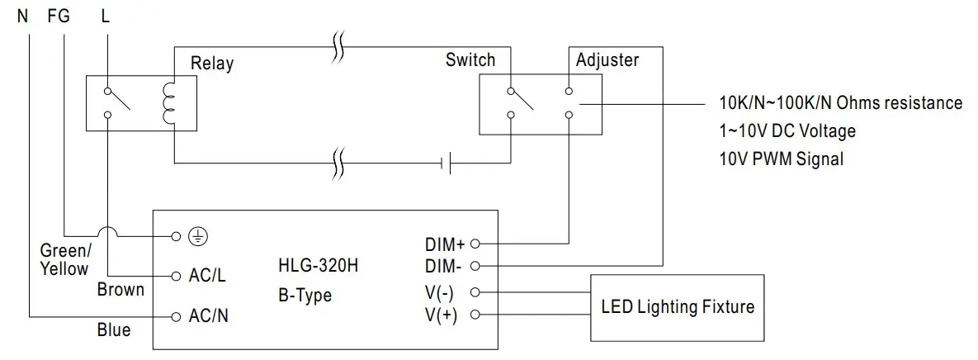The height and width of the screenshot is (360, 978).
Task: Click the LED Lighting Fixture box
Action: (x=677, y=307)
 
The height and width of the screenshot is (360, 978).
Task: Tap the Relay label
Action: (x=212, y=63)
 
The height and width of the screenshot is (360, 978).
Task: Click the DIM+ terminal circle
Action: (x=475, y=244)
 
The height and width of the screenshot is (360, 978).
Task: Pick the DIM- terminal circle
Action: (x=475, y=266)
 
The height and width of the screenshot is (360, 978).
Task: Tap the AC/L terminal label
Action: (x=207, y=277)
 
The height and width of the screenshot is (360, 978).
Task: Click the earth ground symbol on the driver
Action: (x=197, y=236)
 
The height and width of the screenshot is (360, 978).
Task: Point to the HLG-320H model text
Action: (x=318, y=267)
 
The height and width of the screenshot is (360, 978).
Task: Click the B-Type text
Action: (x=305, y=295)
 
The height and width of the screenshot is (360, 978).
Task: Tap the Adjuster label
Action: (x=607, y=60)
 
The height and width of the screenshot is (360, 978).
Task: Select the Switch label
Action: (x=470, y=59)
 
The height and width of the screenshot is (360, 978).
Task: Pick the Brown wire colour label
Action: (x=120, y=289)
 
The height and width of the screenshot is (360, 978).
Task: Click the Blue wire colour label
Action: (x=114, y=330)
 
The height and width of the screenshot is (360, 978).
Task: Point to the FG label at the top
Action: (x=59, y=15)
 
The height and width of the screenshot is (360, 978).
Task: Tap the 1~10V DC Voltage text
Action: (x=787, y=130)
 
